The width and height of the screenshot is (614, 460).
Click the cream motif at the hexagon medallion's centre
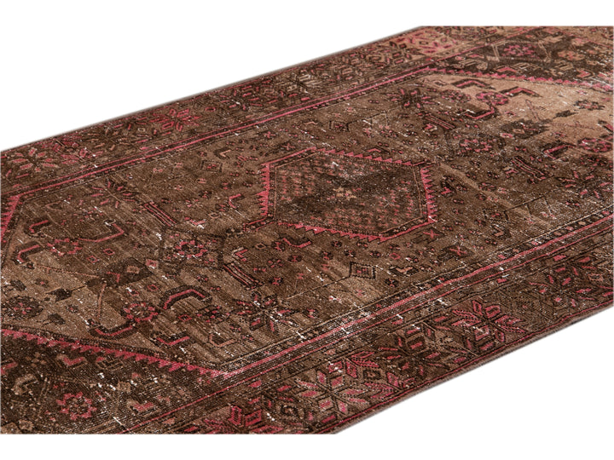(345, 193)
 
